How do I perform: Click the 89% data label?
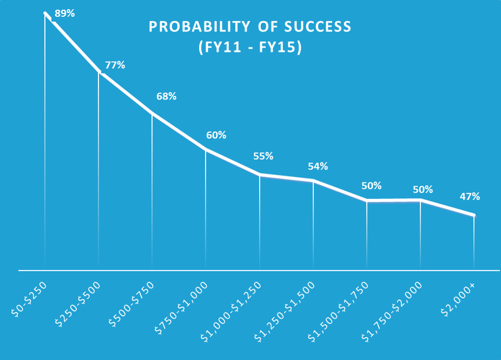pyautogui.click(x=64, y=13)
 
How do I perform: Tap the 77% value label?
pyautogui.click(x=115, y=65)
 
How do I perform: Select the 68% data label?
pyautogui.click(x=166, y=96)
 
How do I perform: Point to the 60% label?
pyautogui.click(x=216, y=135)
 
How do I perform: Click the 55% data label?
pyautogui.click(x=263, y=156)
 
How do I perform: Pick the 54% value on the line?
pyautogui.click(x=318, y=166)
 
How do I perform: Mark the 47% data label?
pyautogui.click(x=470, y=196)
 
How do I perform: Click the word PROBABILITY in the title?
pyautogui.click(x=195, y=27)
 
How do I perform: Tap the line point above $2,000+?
pyautogui.click(x=474, y=215)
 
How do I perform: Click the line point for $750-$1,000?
pyautogui.click(x=206, y=149)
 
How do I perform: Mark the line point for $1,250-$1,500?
pyautogui.click(x=313, y=180)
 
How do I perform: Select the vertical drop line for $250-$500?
pyautogui.click(x=98, y=173)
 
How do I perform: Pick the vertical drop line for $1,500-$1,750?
pyautogui.click(x=367, y=235)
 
